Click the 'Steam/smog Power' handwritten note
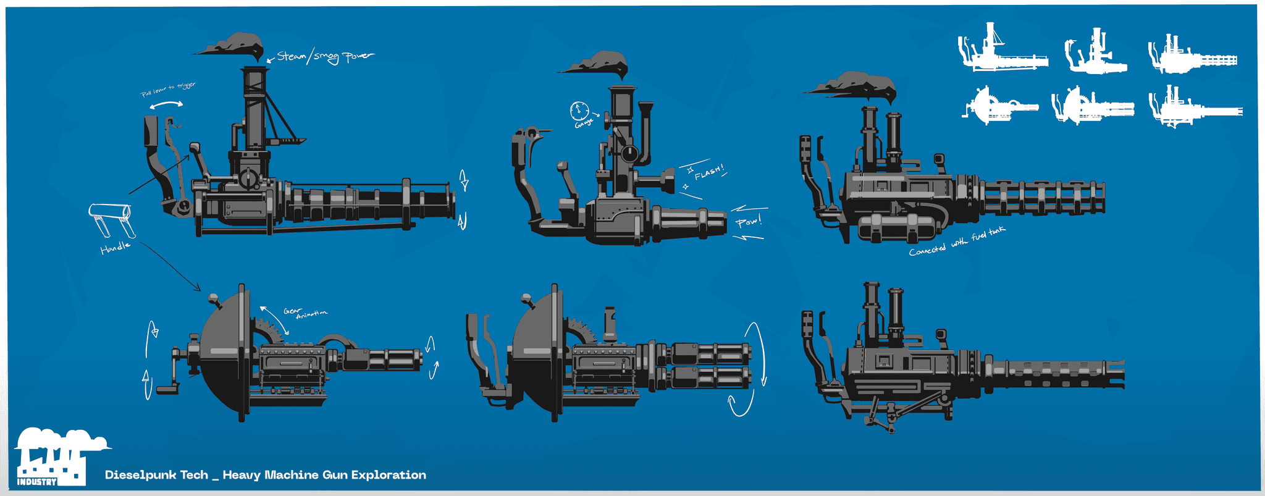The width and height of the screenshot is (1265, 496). (325, 56)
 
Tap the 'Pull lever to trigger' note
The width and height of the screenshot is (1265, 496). (168, 90)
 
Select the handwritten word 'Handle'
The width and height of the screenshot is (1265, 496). (116, 248)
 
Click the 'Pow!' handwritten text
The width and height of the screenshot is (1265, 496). (749, 221)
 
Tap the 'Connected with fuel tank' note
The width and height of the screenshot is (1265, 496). (957, 242)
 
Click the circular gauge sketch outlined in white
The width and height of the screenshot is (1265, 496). (579, 111)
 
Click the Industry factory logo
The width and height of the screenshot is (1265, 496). (53, 457)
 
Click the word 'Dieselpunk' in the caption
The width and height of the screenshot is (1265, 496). (140, 475)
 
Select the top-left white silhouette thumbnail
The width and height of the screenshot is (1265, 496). (1001, 49)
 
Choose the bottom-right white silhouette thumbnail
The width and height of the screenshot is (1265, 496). (1192, 108)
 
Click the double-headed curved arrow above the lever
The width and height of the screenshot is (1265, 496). (166, 105)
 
